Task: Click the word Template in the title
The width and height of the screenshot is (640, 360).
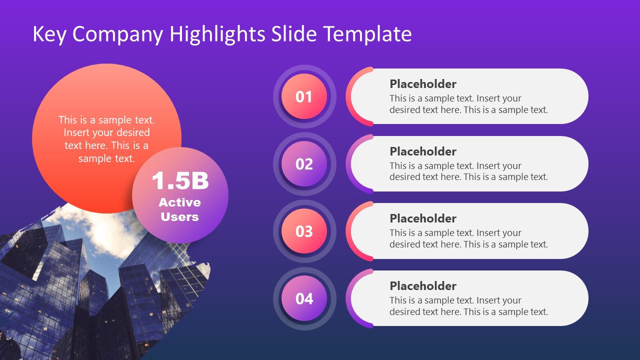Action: [367, 34]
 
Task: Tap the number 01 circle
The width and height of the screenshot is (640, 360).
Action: [304, 96]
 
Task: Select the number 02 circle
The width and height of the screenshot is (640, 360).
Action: [304, 164]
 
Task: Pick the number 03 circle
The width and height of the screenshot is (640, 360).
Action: [304, 231]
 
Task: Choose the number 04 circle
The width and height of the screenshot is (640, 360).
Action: [304, 298]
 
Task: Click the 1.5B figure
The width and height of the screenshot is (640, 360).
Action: [180, 180]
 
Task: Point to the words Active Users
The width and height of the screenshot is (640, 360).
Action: [179, 209]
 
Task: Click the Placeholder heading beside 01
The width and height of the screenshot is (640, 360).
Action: [423, 84]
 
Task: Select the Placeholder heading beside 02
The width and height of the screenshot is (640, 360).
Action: [423, 151]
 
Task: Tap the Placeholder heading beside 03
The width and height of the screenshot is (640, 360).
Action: [423, 218]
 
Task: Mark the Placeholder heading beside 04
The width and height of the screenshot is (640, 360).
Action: [423, 286]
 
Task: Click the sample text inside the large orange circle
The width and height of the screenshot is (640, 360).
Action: [106, 139]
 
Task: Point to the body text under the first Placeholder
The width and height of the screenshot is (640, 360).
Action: [468, 104]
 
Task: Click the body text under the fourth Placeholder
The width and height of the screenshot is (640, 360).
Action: [468, 306]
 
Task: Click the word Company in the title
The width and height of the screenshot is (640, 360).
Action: [118, 34]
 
